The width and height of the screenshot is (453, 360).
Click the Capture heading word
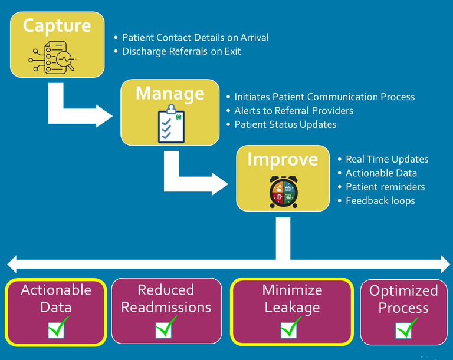tap(57, 26)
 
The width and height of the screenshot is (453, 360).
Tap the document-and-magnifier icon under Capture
tap(52, 58)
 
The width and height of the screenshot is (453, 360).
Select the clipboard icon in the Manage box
tap(171, 124)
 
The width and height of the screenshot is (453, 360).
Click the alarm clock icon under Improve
tap(283, 191)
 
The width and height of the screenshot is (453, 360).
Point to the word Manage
tap(170, 93)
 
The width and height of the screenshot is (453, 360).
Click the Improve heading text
tap(283, 159)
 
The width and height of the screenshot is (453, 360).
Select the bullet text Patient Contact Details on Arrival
tap(195, 38)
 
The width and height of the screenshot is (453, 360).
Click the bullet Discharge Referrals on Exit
tap(182, 51)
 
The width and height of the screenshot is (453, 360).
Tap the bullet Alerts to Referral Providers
tap(294, 111)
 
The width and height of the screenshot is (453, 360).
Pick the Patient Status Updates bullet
tap(285, 124)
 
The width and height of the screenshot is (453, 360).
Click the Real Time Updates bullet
tap(387, 159)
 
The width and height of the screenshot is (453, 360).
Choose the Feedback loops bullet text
tap(380, 201)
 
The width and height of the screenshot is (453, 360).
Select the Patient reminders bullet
tap(385, 187)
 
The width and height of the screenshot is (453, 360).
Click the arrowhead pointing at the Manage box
tap(104, 116)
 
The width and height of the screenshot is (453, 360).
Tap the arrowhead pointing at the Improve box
tap(220, 184)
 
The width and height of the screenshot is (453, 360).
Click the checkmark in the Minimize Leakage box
tap(290, 328)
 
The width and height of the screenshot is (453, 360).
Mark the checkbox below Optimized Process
tap(405, 329)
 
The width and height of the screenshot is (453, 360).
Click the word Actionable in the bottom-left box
tap(56, 290)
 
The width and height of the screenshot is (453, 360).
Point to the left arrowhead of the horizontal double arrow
tap(12, 264)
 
